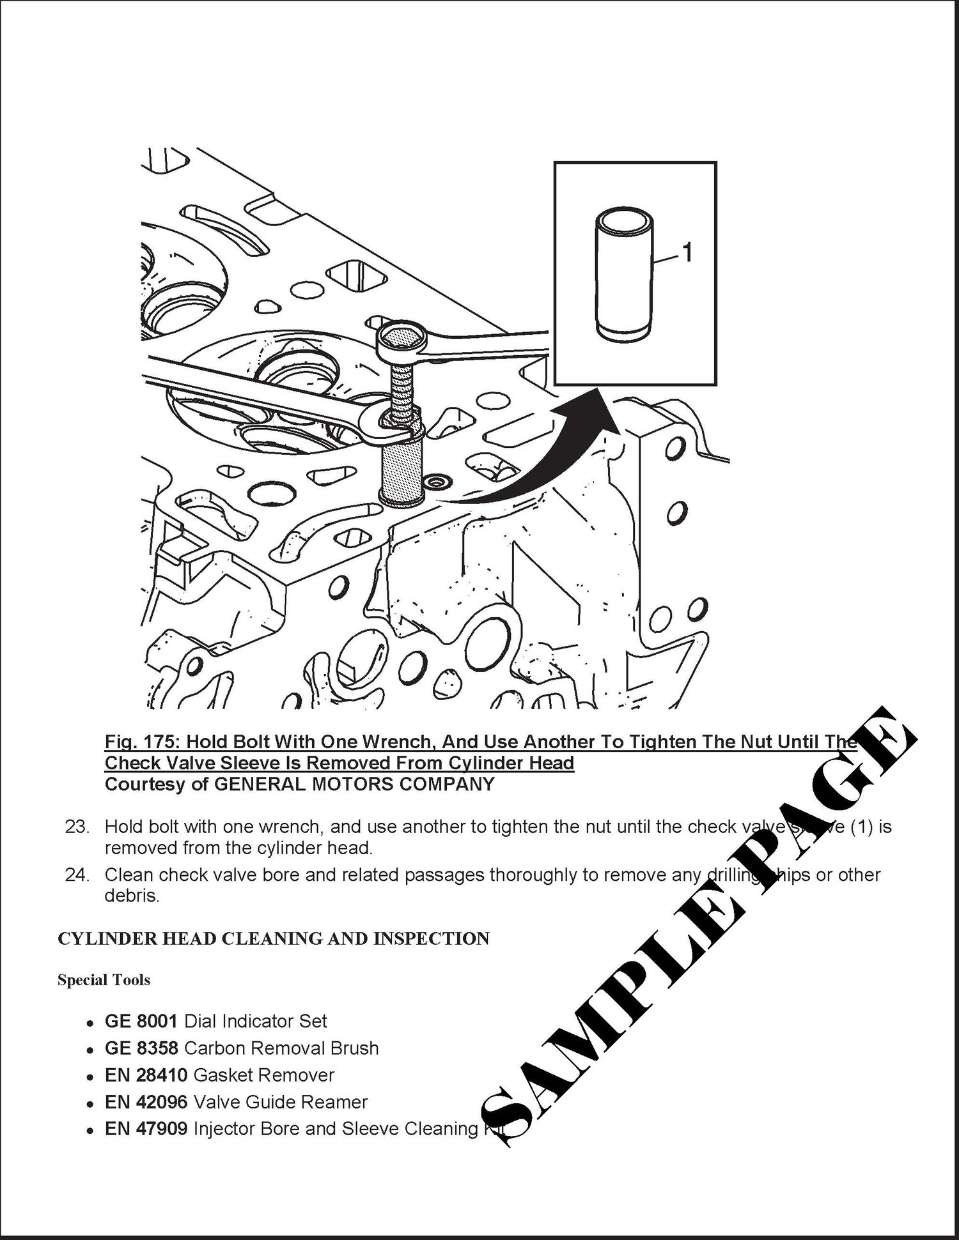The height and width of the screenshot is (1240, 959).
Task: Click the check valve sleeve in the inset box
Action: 625,275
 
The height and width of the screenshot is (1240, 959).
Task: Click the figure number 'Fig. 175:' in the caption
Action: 141,742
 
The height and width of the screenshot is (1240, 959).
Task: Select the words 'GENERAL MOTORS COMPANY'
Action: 354,784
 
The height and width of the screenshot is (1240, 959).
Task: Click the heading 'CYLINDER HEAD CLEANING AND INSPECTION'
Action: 273,938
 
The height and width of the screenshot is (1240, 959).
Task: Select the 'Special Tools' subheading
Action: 104,980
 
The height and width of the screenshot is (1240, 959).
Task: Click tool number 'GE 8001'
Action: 141,1022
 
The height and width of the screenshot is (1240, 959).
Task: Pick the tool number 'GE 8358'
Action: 141,1048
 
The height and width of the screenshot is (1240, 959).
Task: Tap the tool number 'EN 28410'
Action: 146,1075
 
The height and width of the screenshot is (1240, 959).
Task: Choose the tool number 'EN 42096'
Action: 146,1102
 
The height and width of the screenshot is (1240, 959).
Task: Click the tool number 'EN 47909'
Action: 146,1129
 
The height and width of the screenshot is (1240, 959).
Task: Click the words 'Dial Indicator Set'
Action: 256,1022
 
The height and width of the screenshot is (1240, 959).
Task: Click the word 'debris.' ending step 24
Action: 131,896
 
